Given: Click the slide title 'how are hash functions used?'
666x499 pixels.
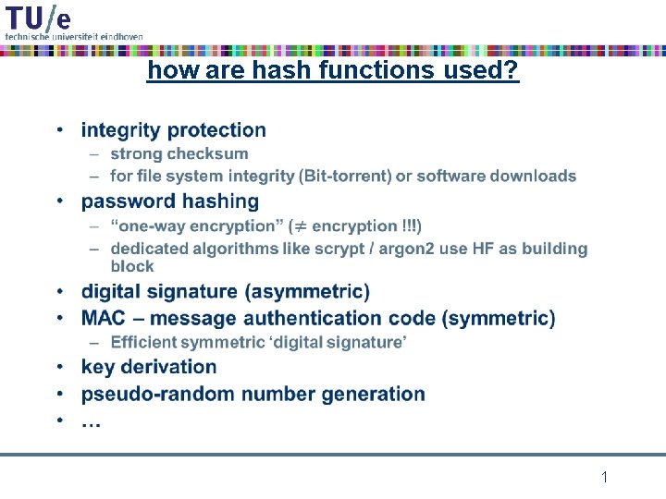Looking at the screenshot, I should pos(333,70).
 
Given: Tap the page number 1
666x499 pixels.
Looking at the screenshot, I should pos(604,478).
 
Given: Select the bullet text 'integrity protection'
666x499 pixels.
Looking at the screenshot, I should pos(173,130).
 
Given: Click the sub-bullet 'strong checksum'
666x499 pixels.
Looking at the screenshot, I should pos(179,153).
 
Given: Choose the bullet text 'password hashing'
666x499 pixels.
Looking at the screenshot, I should pos(170,201).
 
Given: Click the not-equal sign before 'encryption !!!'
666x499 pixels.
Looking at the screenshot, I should pos(299,226).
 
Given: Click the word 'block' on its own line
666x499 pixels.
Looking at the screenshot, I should pos(132,266).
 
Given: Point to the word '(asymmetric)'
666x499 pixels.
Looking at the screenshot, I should pos(307,292).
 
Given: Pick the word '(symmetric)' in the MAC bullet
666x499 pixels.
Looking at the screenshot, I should pos(499,319).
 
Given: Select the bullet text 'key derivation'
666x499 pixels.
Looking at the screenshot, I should pos(149,367).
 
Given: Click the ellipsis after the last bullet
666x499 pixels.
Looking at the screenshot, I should pos(92,420).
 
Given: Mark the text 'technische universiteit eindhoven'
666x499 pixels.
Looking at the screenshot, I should pos(74,35).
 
